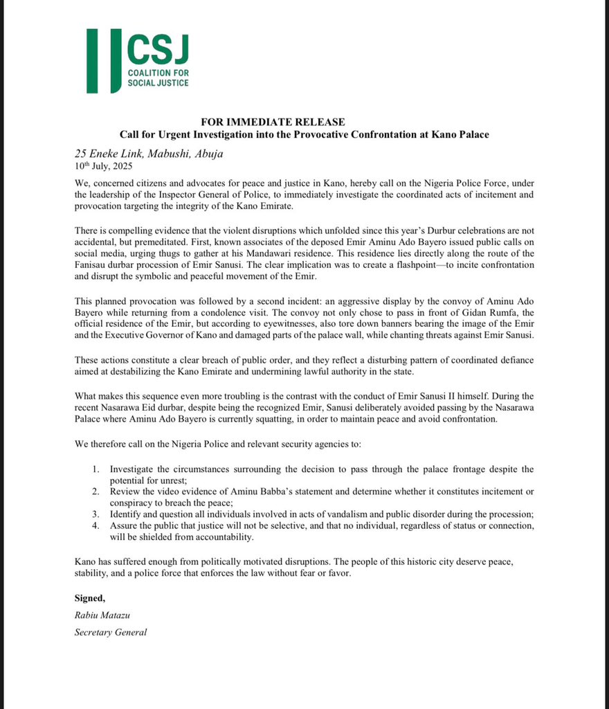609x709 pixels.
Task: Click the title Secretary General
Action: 111,632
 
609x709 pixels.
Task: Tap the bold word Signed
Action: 90,597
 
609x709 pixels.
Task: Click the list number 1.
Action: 97,469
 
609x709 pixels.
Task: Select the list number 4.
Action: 97,526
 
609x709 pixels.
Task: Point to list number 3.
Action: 97,514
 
